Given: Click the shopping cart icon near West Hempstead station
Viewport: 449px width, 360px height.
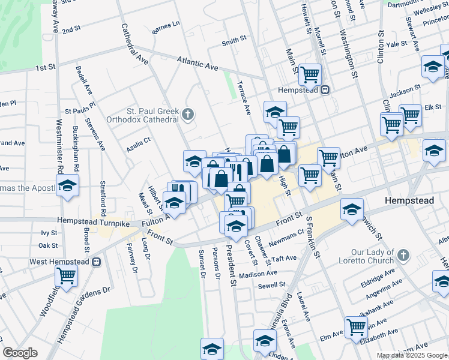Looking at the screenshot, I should [x=66, y=277].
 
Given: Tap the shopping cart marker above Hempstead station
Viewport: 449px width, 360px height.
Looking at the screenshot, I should [x=310, y=75].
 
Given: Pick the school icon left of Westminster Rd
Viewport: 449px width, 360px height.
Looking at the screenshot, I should [x=68, y=187].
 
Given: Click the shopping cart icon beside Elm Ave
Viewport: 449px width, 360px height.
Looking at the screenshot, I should [x=356, y=328].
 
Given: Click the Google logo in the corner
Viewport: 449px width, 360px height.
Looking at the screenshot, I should [x=20, y=353].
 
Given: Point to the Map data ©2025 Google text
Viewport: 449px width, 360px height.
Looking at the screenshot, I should [x=412, y=355].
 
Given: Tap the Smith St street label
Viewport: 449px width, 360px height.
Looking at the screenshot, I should [x=234, y=41].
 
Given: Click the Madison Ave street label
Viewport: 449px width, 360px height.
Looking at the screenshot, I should [x=258, y=272].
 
